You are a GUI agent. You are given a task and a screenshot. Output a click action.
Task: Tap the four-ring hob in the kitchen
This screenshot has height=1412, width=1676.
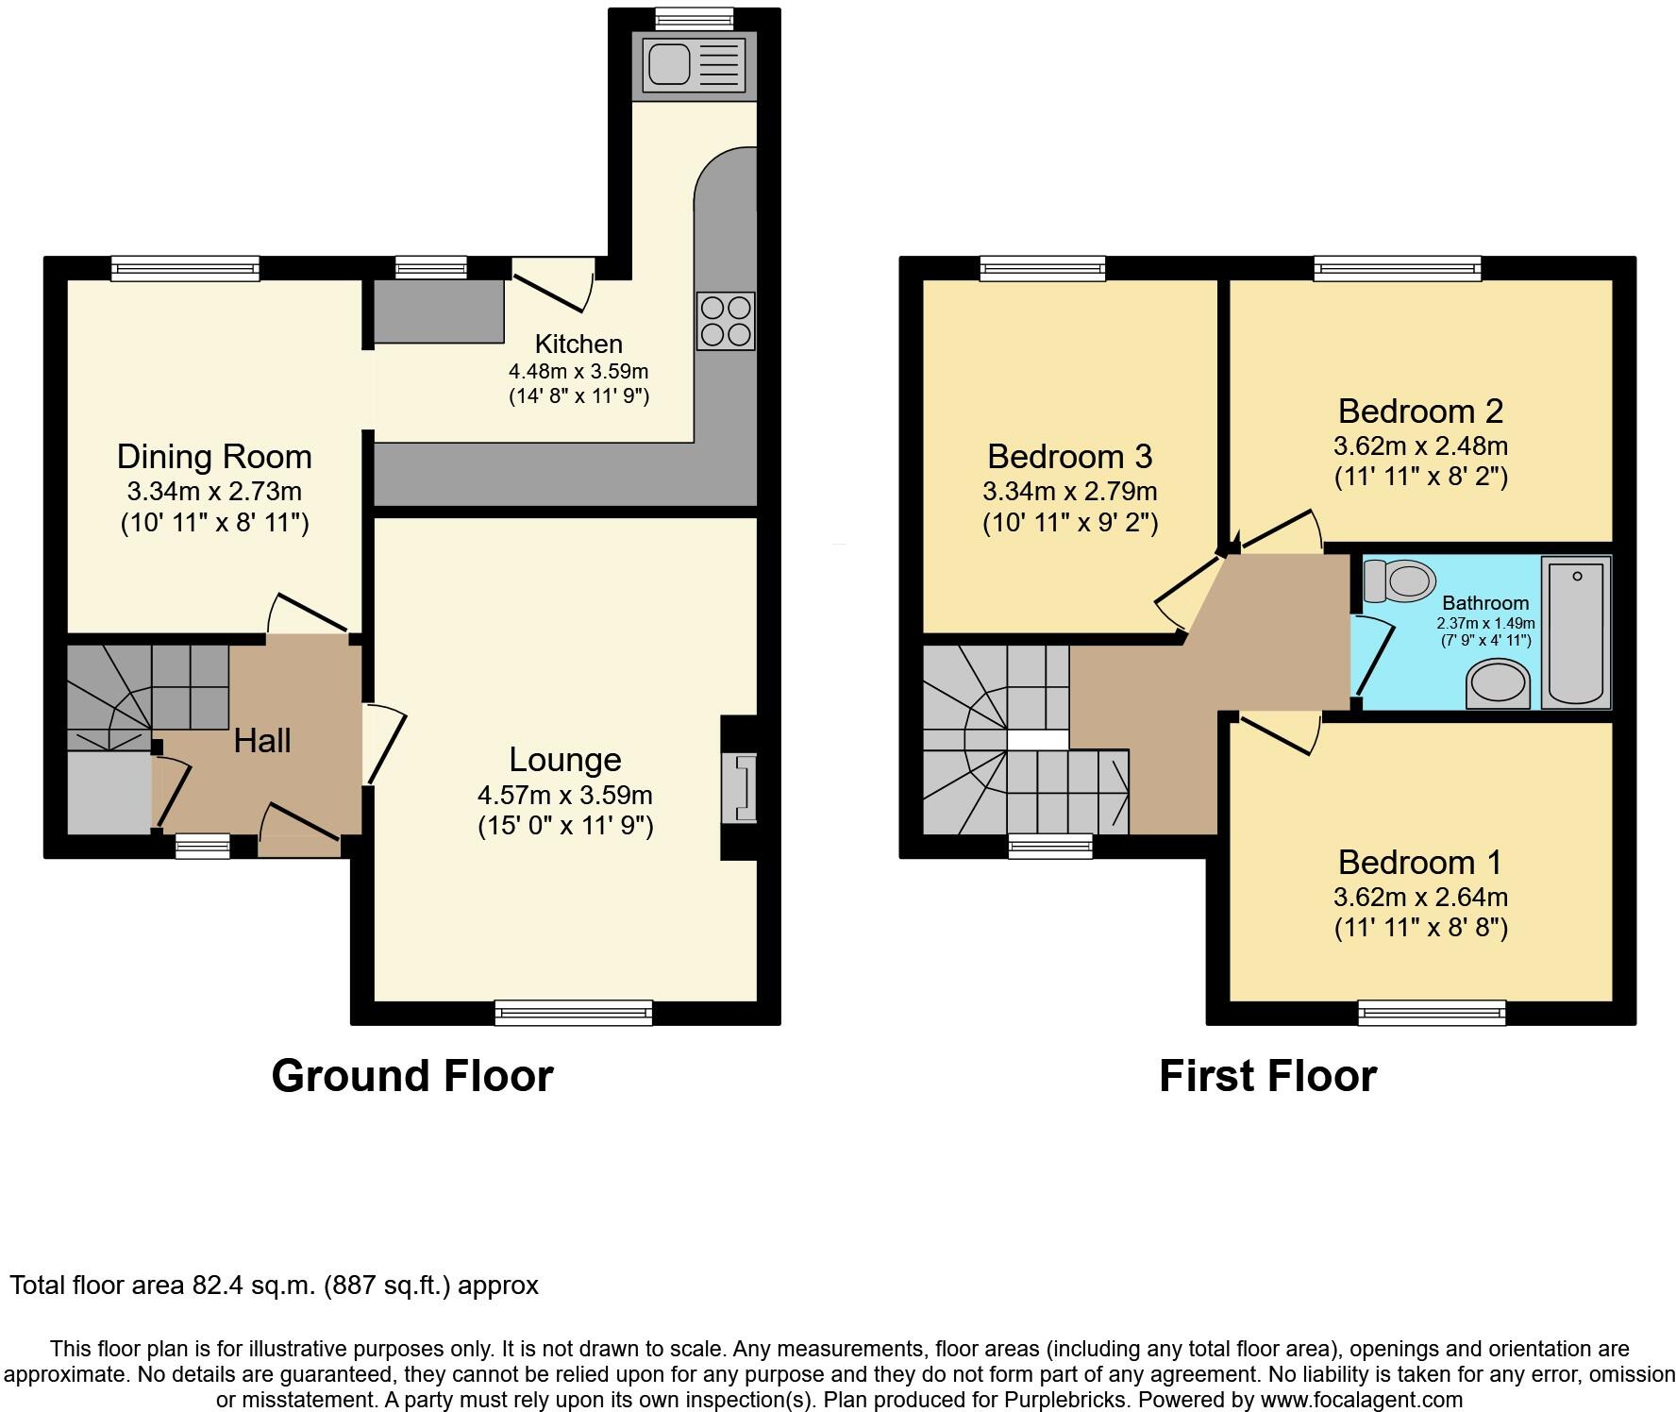tap(726, 321)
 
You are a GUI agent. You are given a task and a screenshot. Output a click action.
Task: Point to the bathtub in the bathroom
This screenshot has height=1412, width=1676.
tap(1577, 630)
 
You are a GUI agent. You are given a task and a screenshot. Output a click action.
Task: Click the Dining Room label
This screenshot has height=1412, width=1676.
tap(214, 457)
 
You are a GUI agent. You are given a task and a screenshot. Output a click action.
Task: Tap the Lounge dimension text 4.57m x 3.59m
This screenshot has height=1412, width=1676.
tap(565, 796)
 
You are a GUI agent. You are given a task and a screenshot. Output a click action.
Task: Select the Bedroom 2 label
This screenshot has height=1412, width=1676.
tap(1420, 412)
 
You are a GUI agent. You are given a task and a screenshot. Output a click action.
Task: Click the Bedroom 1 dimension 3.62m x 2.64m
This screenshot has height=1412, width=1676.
tap(1420, 897)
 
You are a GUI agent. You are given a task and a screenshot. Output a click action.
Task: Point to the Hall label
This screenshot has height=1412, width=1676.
tap(261, 741)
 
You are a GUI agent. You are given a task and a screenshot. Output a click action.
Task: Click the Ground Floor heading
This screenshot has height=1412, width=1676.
tap(412, 1076)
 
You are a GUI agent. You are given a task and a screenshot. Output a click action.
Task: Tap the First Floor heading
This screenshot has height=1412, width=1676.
tap(1267, 1076)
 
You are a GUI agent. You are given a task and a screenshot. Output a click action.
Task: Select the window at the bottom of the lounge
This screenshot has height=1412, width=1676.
tap(574, 1014)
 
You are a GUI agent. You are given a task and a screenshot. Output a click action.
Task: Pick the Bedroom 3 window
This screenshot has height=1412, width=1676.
tap(1043, 269)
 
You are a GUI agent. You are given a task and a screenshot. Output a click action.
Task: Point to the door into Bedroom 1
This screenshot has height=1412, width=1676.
tap(1280, 732)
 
